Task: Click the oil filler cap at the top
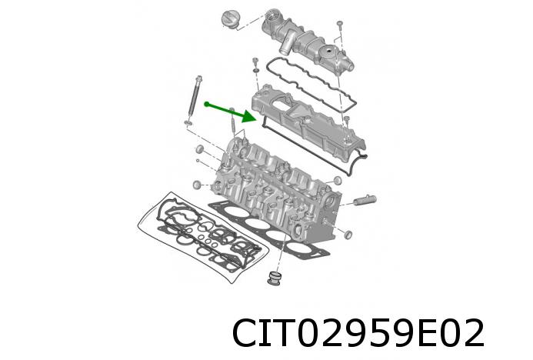(x=229, y=18)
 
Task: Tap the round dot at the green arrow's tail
(x=207, y=102)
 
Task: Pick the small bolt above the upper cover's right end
(x=339, y=30)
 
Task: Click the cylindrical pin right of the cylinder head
(x=365, y=202)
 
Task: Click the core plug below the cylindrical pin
(x=348, y=233)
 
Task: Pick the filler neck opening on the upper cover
(x=270, y=14)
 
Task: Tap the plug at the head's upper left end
(x=199, y=147)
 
